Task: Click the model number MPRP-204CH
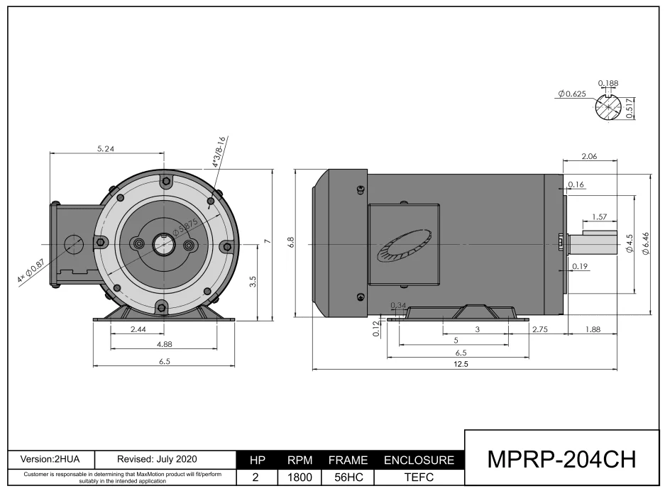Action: point(562,459)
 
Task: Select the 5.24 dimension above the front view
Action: point(106,149)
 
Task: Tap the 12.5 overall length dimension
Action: point(461,364)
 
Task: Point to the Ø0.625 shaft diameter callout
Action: point(572,94)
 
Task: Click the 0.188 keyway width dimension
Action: point(608,83)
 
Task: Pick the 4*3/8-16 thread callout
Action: point(220,152)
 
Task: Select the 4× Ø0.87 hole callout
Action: point(31,271)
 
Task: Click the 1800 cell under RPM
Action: point(299,477)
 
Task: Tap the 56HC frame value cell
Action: point(348,477)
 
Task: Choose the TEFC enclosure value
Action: point(419,477)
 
